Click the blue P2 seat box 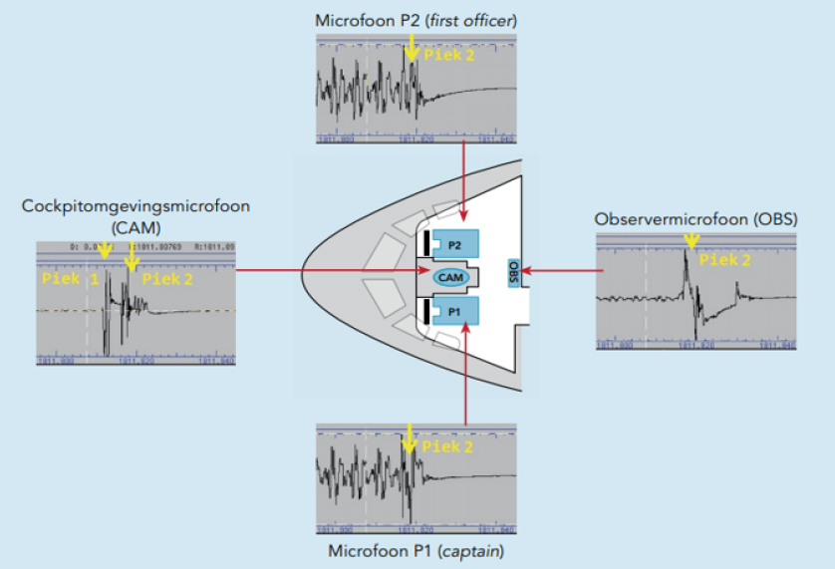pos(455,243)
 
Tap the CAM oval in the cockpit pos(449,275)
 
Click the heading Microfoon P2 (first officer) pos(417,20)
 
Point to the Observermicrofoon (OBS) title pos(694,219)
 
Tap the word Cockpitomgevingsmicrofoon pos(136,207)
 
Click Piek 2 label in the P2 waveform pos(449,55)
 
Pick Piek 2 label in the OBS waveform pos(725,260)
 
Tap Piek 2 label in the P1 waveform pos(449,446)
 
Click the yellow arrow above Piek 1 pos(105,255)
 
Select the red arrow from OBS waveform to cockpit pos(559,269)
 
